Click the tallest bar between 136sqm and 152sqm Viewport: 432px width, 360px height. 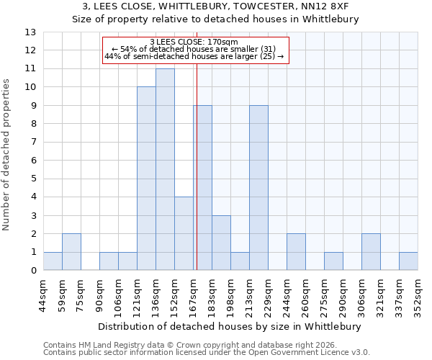(165, 170)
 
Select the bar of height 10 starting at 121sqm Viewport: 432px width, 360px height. (146, 179)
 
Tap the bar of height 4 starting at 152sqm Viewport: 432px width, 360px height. (184, 234)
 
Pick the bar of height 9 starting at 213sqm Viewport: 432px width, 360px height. (258, 188)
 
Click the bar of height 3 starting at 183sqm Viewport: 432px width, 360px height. (221, 243)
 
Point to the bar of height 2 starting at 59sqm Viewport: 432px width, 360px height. (71, 252)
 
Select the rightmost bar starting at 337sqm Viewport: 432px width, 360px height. (408, 261)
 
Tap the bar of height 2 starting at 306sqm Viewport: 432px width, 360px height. (371, 252)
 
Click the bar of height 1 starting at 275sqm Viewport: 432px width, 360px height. (333, 261)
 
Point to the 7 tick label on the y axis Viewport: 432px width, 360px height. (32, 143)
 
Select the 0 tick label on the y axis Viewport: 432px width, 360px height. (32, 271)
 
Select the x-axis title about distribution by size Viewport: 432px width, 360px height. (228, 326)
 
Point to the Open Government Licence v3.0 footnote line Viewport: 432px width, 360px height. (207, 353)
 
